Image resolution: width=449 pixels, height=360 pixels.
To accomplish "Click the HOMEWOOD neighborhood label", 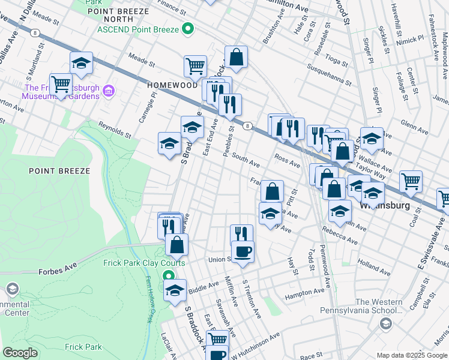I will click(169, 86).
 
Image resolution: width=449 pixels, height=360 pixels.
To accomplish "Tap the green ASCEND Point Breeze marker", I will click(188, 29).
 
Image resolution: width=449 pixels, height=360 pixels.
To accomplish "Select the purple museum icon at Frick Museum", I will click(109, 91).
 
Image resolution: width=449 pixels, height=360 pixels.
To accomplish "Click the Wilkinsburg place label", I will click(384, 205).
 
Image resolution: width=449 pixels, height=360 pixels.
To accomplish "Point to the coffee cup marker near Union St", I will click(243, 251).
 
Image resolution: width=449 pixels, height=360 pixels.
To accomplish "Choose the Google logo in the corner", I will click(20, 353).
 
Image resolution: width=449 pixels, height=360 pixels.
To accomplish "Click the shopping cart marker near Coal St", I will click(411, 181).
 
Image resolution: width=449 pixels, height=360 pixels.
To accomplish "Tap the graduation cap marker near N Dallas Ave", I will click(82, 62).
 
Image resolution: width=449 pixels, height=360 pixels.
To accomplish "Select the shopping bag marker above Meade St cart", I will click(237, 58).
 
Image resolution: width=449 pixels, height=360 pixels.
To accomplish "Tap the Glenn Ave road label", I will click(414, 130).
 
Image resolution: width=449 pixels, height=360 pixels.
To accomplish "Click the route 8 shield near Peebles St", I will click(247, 125).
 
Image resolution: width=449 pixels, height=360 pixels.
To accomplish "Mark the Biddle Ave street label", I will click(205, 286).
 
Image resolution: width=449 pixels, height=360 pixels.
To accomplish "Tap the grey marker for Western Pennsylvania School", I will click(386, 324).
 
